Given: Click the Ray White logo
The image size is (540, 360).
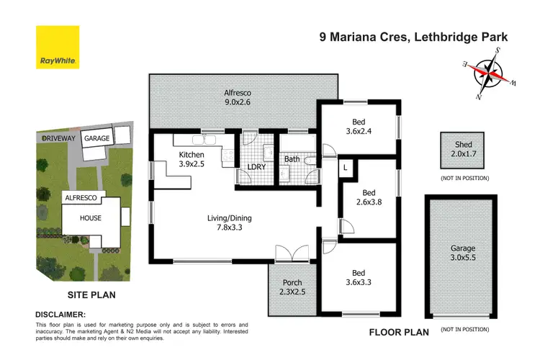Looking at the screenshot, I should [57, 48].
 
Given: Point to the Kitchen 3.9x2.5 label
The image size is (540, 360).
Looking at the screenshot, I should [192, 160].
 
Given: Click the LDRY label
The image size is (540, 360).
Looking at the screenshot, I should [257, 167].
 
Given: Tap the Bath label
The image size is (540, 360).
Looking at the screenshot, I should [292, 158].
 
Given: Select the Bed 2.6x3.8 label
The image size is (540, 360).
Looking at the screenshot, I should [368, 198].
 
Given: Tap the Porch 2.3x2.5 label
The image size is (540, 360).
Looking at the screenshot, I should [292, 287].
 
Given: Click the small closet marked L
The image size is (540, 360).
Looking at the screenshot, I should [346, 167].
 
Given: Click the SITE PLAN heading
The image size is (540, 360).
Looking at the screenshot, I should [92, 294].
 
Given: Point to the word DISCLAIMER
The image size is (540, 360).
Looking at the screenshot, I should [60, 315].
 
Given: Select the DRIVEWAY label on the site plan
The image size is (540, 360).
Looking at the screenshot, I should [57, 137].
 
